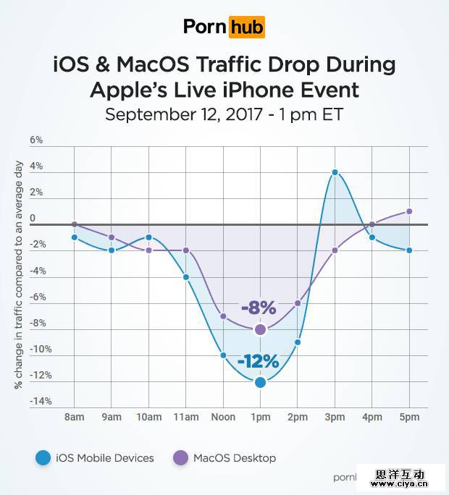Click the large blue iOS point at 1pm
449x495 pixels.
pyautogui.click(x=260, y=382)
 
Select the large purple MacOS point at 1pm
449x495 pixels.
pyautogui.click(x=260, y=330)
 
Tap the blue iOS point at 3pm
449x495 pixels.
pyautogui.click(x=335, y=172)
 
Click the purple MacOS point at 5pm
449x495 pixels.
pyautogui.click(x=409, y=211)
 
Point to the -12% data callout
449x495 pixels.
pyautogui.click(x=260, y=361)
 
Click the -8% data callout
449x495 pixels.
pyautogui.click(x=259, y=308)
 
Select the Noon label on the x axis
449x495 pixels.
pyautogui.click(x=223, y=418)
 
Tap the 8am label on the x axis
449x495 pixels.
pyautogui.click(x=75, y=418)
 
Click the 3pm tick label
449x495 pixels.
pyautogui.click(x=335, y=418)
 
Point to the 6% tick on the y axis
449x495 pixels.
pyautogui.click(x=35, y=140)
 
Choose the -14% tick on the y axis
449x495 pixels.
pyautogui.click(x=40, y=402)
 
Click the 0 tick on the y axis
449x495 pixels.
pyautogui.click(x=32, y=219)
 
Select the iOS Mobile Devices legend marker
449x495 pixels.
pyautogui.click(x=43, y=457)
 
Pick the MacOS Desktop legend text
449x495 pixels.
pyautogui.click(x=234, y=458)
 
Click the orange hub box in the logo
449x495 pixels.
pyautogui.click(x=246, y=27)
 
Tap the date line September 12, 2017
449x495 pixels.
pyautogui.click(x=224, y=114)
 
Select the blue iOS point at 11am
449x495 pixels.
pyautogui.click(x=186, y=277)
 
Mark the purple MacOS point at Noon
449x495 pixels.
pyautogui.click(x=223, y=316)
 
